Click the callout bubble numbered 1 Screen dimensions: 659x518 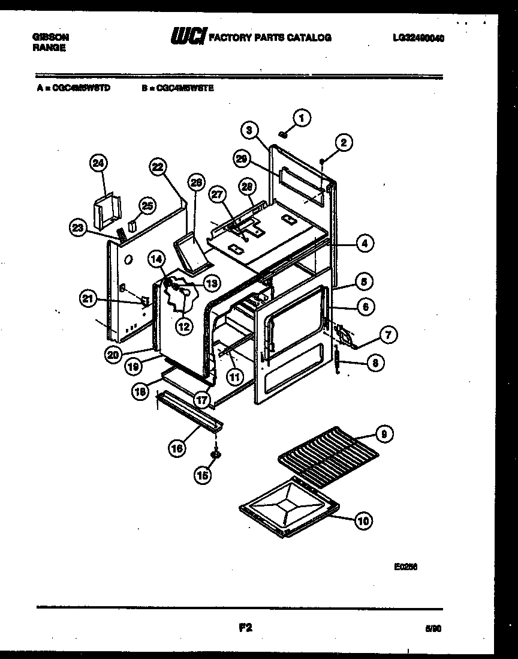pyautogui.click(x=302, y=118)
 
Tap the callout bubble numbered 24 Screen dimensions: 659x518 pyautogui.click(x=98, y=163)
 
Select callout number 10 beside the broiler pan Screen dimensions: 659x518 pyautogui.click(x=363, y=521)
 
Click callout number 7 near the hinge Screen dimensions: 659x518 pyautogui.click(x=387, y=335)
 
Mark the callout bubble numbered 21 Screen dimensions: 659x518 pyautogui.click(x=89, y=298)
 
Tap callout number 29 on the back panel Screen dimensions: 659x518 pyautogui.click(x=242, y=158)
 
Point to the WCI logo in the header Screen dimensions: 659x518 pyautogui.click(x=188, y=38)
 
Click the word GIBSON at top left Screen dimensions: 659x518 pyautogui.click(x=50, y=37)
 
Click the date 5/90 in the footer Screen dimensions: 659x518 pyautogui.click(x=432, y=629)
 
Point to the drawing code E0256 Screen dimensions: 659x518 pyautogui.click(x=405, y=565)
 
